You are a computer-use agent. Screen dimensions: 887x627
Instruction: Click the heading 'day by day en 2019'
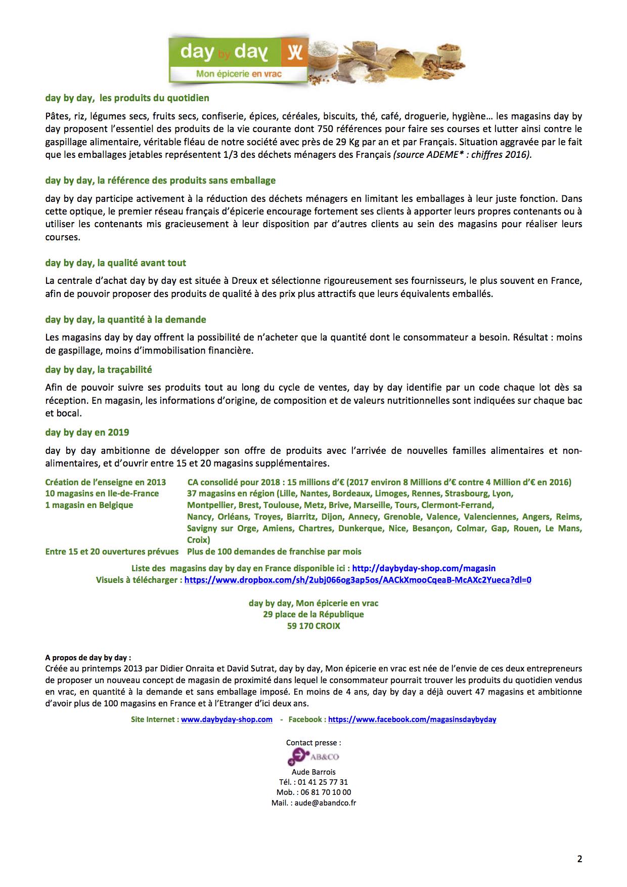click(87, 432)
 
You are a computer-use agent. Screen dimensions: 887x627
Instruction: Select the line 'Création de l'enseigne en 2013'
click(105, 482)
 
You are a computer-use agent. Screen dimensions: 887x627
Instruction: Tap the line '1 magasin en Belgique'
click(89, 505)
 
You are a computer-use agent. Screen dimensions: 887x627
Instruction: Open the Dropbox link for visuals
click(357, 580)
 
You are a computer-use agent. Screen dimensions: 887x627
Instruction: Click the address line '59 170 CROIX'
click(313, 626)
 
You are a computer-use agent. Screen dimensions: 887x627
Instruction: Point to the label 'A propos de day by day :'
click(88, 658)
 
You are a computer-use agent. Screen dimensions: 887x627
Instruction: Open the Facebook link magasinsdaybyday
click(412, 719)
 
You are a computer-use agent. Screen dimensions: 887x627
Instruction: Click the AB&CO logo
click(313, 757)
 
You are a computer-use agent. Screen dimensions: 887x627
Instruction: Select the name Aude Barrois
click(313, 772)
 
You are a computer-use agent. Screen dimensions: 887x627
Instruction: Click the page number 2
click(579, 859)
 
